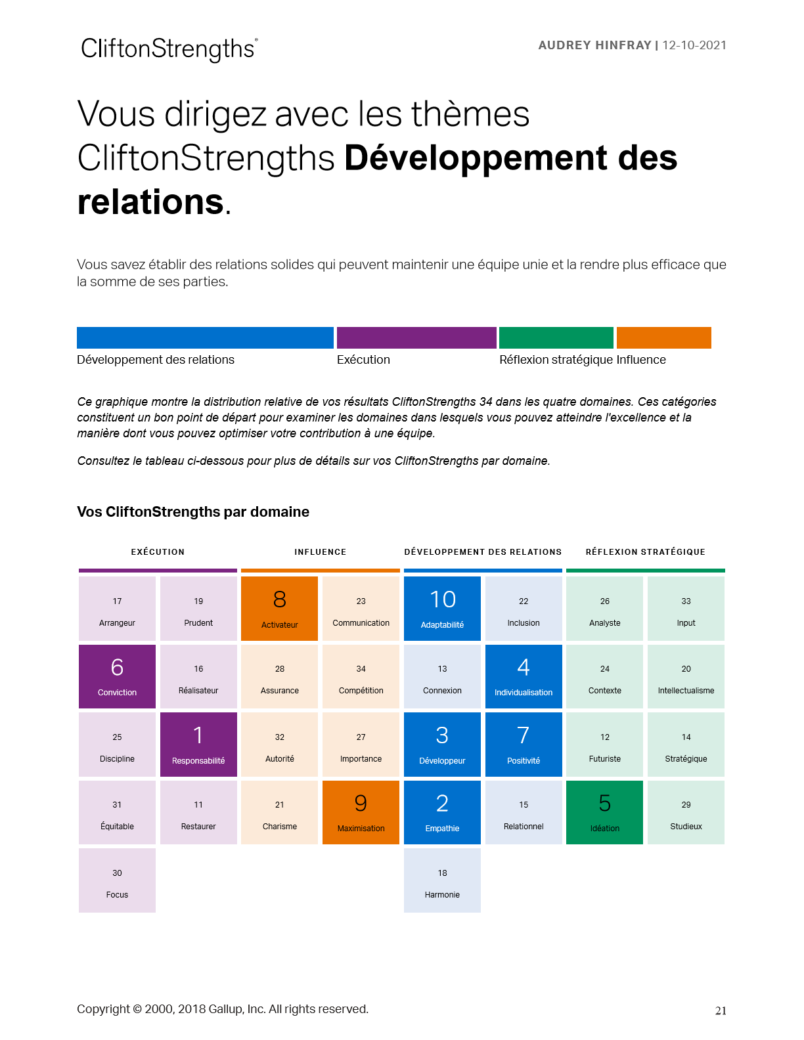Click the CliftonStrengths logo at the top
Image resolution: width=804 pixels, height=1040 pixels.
[169, 49]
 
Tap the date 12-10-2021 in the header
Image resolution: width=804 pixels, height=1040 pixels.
[694, 45]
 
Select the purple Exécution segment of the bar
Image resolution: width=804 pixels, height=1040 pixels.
[416, 337]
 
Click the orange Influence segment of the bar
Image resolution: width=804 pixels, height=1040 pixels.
[663, 337]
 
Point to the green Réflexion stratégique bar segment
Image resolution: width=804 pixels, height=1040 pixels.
[556, 337]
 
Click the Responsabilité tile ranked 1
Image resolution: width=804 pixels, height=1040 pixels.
[198, 745]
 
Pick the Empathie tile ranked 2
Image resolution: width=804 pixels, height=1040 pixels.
[442, 812]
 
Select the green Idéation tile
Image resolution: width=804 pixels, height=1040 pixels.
[604, 812]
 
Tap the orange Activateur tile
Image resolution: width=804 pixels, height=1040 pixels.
[279, 609]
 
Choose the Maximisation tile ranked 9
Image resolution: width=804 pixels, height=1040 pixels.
[361, 812]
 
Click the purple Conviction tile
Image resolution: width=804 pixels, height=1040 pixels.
[117, 676]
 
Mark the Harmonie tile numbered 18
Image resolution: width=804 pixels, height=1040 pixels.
[442, 880]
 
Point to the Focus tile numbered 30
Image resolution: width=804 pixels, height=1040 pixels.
[117, 880]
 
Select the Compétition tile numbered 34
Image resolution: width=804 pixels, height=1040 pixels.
[361, 676]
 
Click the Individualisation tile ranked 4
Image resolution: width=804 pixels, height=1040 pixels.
[524, 676]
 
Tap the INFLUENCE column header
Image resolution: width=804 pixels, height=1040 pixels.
[320, 552]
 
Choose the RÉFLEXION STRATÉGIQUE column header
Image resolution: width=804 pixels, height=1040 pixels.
[645, 552]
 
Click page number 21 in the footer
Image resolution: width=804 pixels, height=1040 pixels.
[721, 1011]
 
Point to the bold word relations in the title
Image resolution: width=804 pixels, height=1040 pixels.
[150, 202]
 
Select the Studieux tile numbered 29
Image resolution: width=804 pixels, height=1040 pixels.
[686, 812]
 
